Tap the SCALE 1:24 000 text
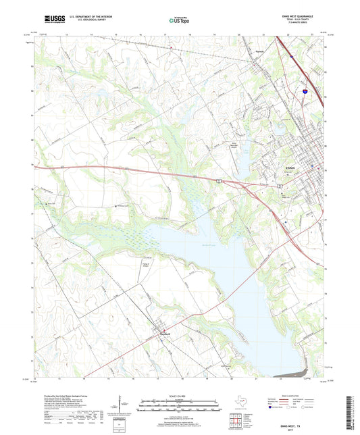click(180, 396)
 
